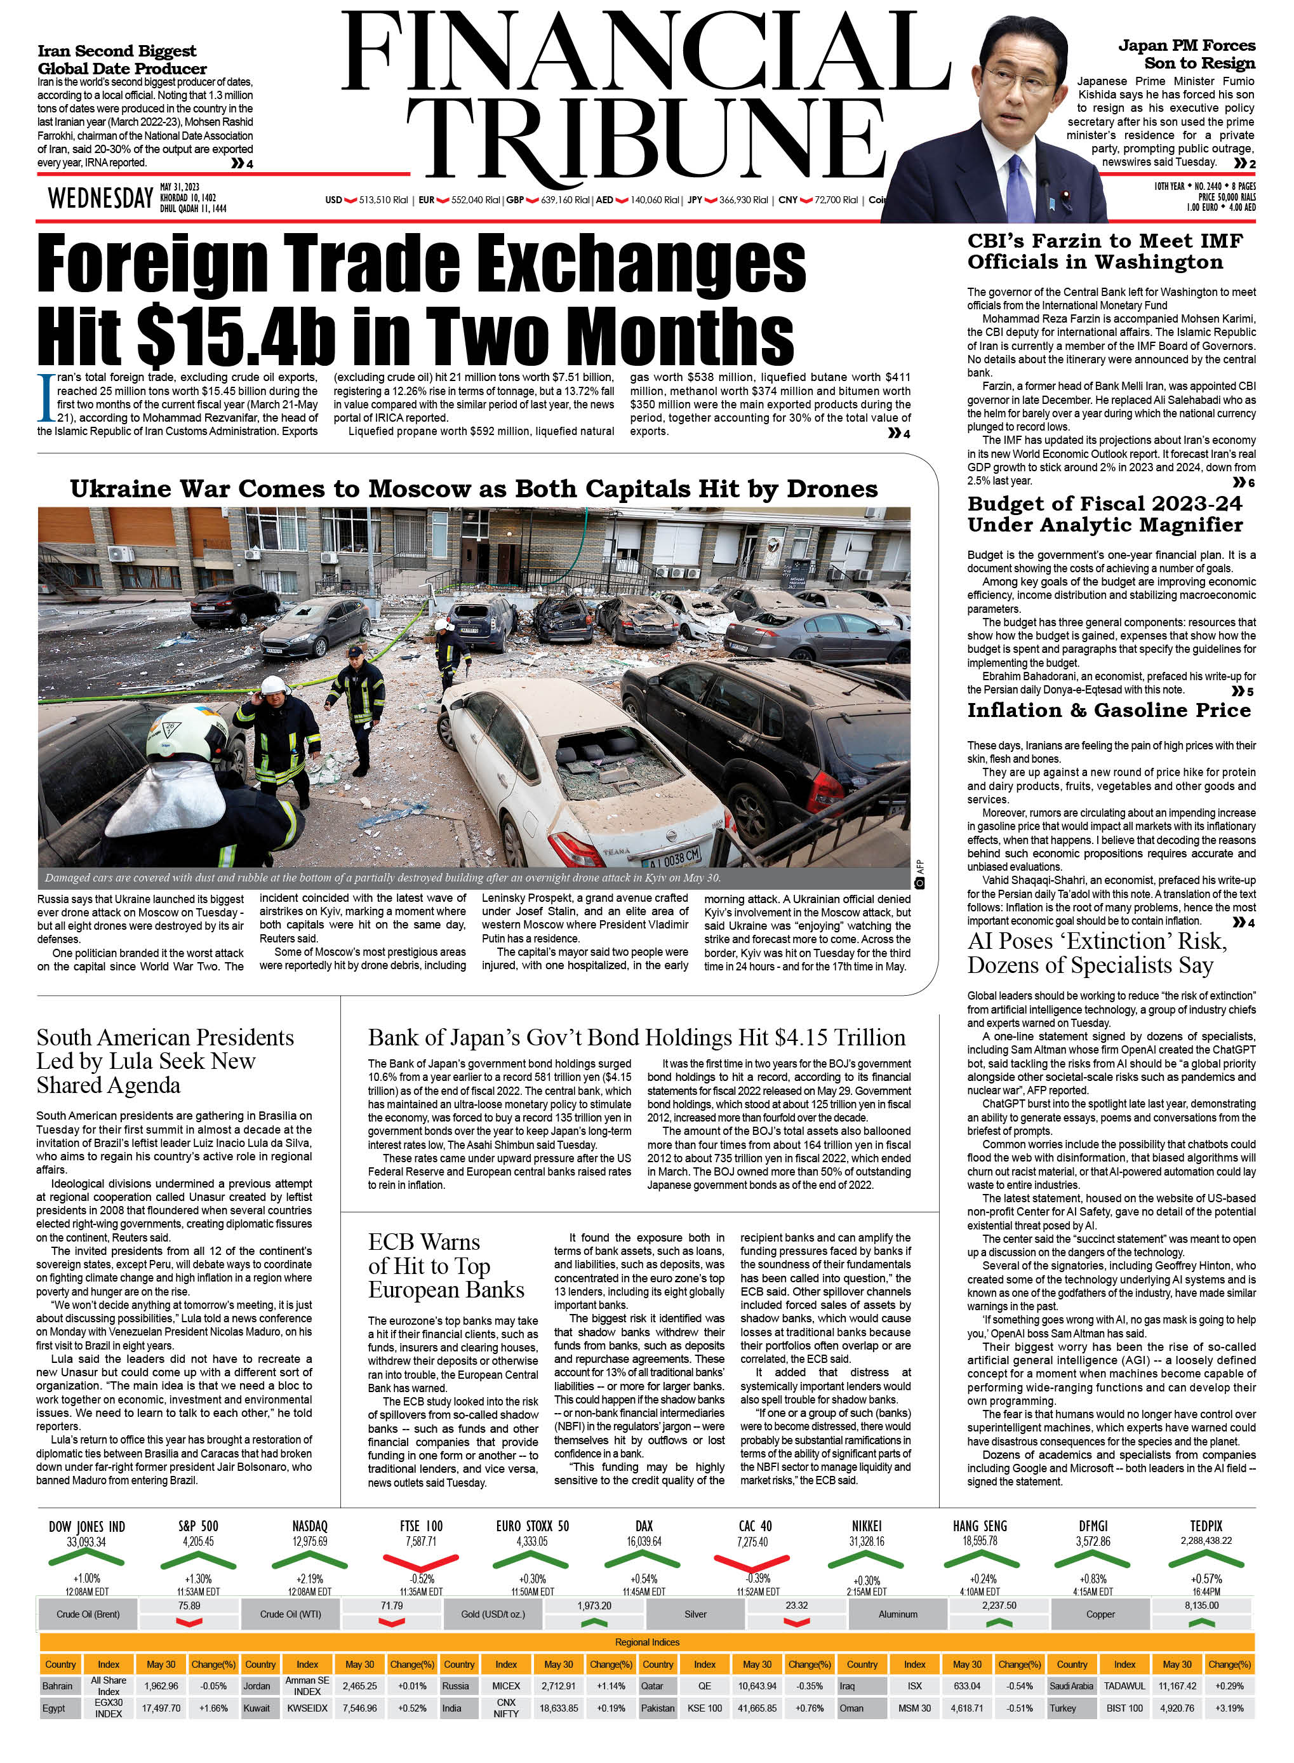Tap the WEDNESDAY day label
(100, 199)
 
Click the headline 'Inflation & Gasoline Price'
(1109, 711)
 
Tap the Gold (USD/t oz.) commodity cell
(493, 1614)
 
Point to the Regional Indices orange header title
(647, 1642)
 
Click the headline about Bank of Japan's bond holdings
(636, 1038)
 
